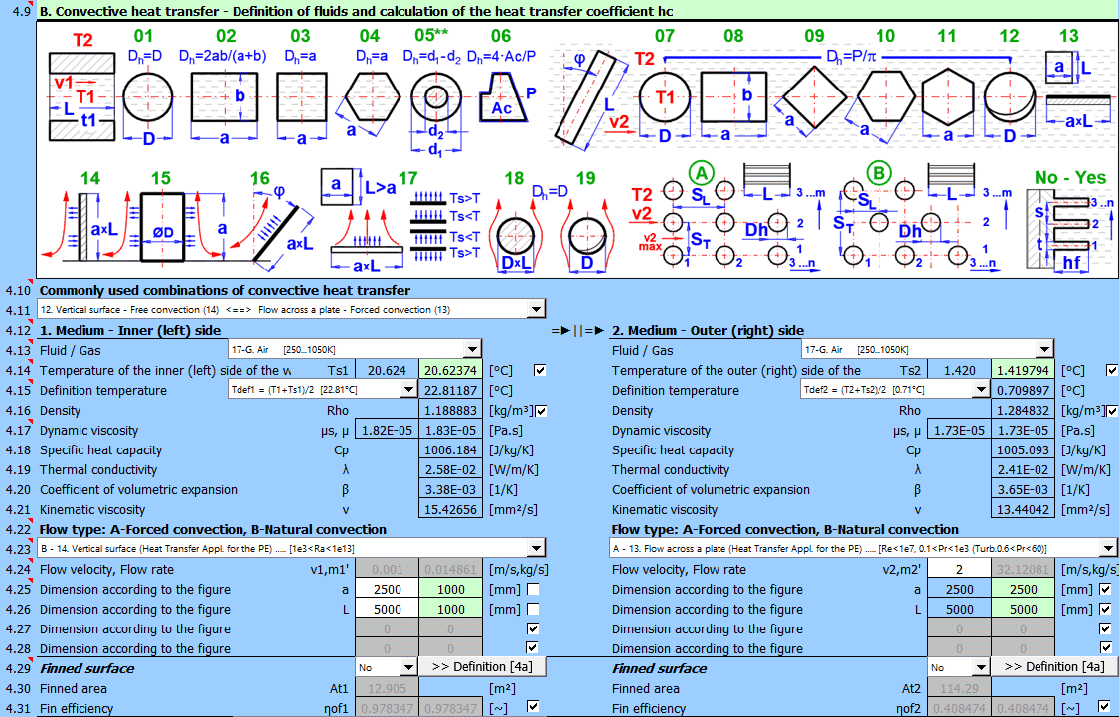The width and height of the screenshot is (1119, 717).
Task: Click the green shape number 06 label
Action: coord(501,36)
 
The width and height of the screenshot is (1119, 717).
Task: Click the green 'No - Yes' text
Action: coord(1069,178)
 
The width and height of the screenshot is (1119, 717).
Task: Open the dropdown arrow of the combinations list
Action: coord(537,309)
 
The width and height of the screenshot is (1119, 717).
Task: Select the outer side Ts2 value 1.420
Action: coord(959,370)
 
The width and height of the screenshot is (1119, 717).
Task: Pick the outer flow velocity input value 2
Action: coord(959,569)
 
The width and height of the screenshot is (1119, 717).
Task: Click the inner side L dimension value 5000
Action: coord(387,609)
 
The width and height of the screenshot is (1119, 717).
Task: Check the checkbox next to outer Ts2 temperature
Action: coord(1111,370)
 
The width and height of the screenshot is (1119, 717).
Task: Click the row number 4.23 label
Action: coord(18,549)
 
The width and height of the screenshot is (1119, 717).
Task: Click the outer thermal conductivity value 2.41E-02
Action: coord(1023,469)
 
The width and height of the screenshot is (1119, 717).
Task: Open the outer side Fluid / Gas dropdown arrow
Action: coord(1043,349)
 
